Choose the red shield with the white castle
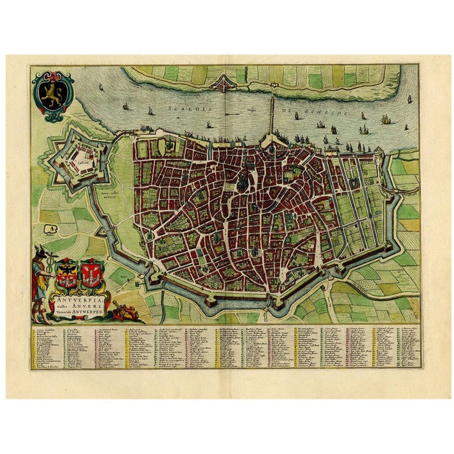pyautogui.click(x=91, y=272)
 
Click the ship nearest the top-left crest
pyautogui.click(x=98, y=87)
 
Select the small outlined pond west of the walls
pyautogui.click(x=50, y=228)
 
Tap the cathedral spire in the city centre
pyautogui.click(x=250, y=172)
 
